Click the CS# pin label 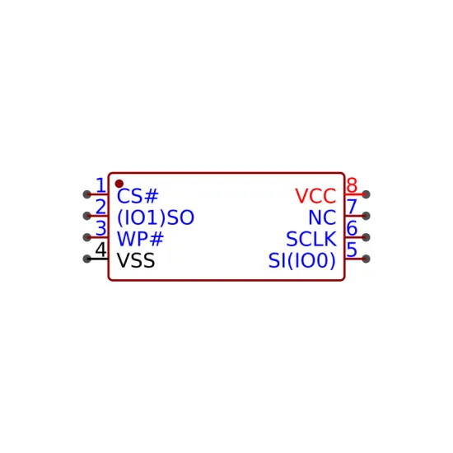[138, 196]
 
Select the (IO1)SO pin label [156, 217]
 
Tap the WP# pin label [140, 239]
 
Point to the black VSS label [136, 260]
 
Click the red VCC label [315, 196]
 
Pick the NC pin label [322, 217]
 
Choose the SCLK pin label [311, 239]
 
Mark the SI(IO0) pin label [302, 260]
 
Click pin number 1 [100, 185]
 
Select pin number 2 [100, 207]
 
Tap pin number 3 [100, 228]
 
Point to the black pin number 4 [100, 250]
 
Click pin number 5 [352, 250]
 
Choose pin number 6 [352, 228]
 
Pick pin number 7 [352, 207]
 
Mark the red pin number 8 [352, 185]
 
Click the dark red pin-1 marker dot [119, 184]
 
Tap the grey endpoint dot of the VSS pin [86, 259]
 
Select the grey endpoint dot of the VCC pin [366, 194]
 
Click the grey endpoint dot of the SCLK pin [366, 237]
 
